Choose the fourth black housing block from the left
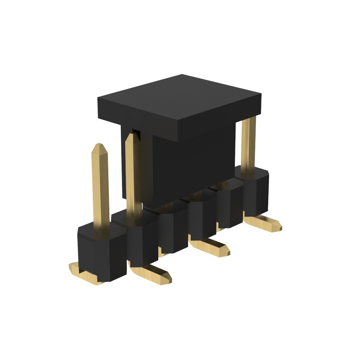(x=202, y=218)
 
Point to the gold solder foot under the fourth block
(x=211, y=246)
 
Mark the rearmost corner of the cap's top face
(x=182, y=75)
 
